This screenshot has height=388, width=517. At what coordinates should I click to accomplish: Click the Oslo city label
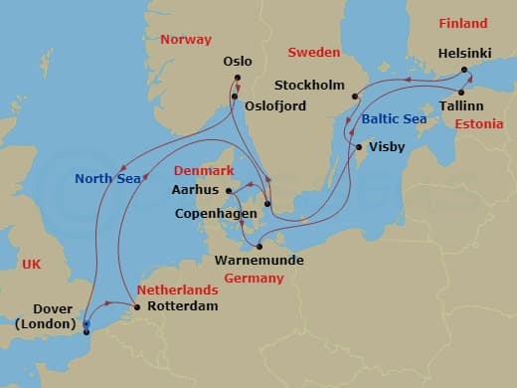[238, 61]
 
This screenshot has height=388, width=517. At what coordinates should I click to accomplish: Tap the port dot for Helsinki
[464, 71]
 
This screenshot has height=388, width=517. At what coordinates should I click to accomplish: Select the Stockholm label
[308, 85]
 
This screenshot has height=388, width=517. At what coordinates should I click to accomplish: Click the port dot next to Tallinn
[459, 93]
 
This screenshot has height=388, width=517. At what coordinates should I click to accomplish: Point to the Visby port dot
[358, 147]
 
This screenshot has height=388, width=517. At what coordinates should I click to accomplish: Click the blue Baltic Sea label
[394, 117]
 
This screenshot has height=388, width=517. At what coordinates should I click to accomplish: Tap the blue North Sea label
[107, 179]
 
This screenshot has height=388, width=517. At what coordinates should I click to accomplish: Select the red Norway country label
[186, 40]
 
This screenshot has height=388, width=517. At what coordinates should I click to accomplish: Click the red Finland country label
[462, 23]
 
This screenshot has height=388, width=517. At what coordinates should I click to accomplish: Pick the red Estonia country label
[478, 124]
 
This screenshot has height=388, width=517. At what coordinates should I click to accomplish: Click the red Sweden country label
[314, 52]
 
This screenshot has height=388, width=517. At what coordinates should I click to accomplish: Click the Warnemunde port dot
[258, 246]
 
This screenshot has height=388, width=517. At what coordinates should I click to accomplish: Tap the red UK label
[31, 264]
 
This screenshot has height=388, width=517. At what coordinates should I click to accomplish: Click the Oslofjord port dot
[235, 97]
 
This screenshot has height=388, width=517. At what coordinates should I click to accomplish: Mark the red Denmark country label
[204, 170]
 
